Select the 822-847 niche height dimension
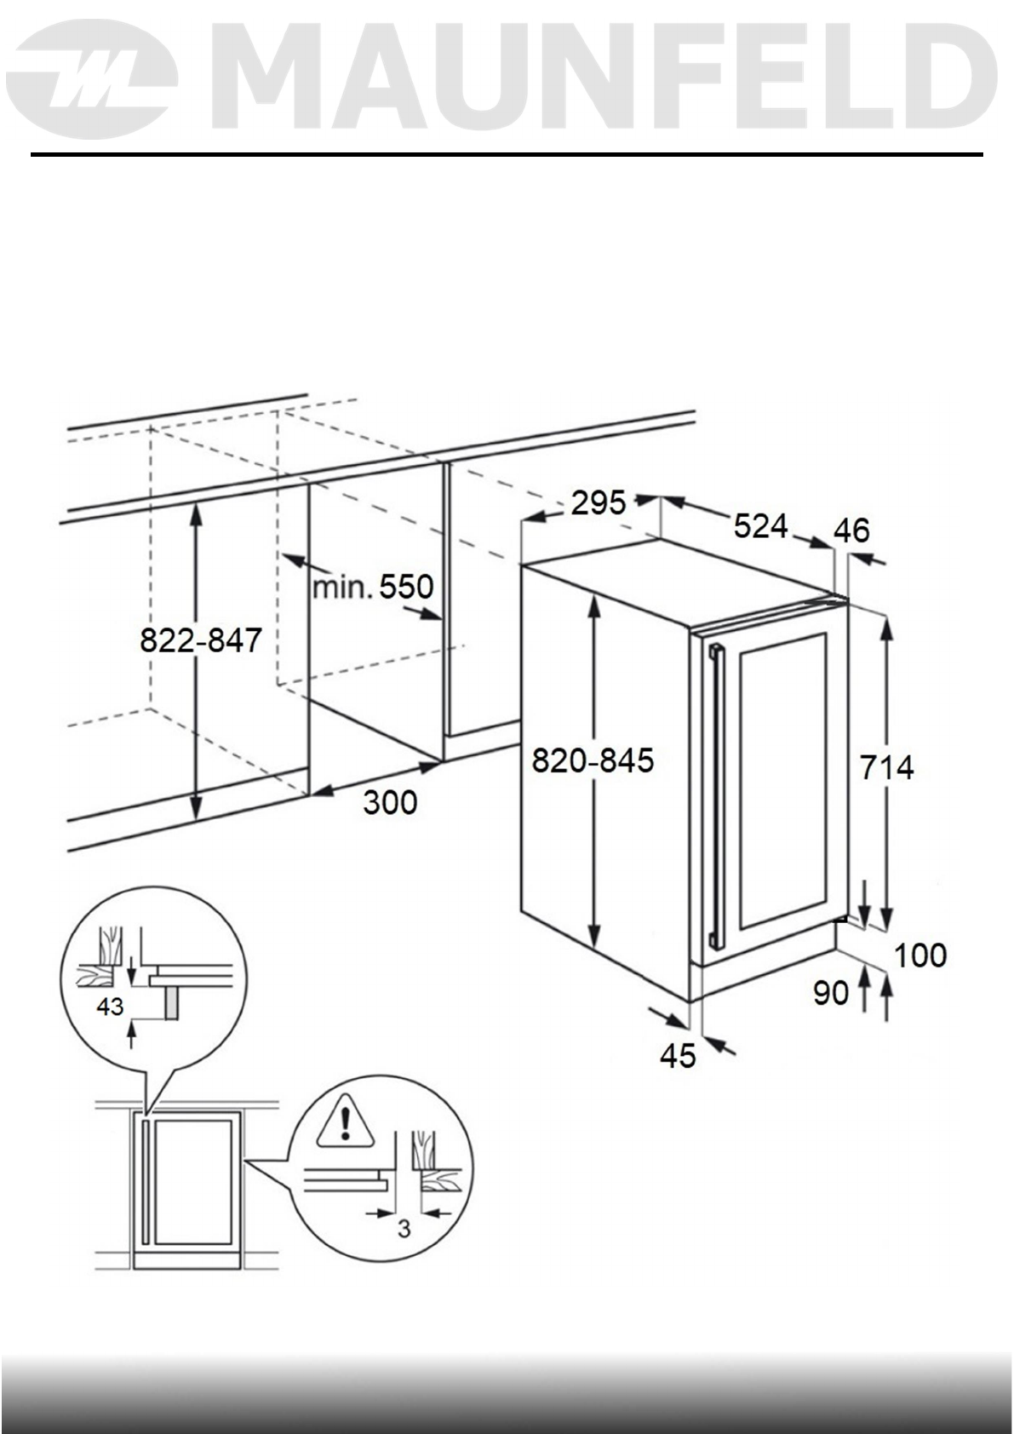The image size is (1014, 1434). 201,640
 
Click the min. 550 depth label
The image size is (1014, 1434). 374,588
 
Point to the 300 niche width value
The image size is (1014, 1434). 391,802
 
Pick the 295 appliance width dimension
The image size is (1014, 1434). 598,503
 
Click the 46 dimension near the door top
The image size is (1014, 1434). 852,531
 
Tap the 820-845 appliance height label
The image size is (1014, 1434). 593,759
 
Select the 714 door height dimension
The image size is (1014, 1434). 886,768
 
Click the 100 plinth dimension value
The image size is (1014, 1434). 920,955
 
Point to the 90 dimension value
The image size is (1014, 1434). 831,993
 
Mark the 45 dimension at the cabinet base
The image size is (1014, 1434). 678,1056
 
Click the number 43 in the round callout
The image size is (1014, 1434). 110,1007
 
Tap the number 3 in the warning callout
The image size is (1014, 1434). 404,1229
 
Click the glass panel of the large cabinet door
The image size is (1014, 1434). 782,779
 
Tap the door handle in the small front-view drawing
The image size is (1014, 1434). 146,1181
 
